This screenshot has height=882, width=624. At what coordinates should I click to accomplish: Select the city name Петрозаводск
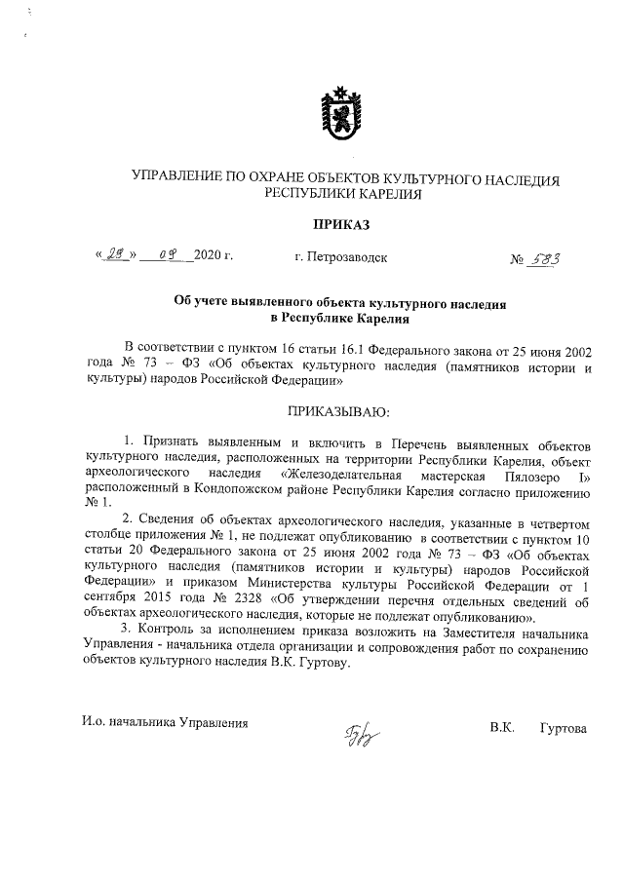point(348,258)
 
